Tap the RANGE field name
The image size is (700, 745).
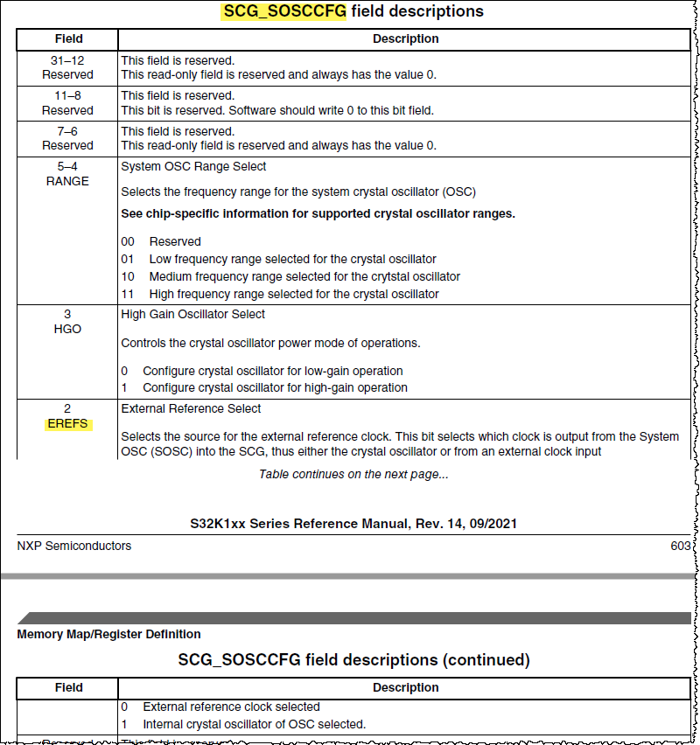(x=67, y=181)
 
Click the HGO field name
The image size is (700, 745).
(x=67, y=329)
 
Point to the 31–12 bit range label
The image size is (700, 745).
(x=67, y=60)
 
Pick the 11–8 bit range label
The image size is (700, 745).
(x=67, y=95)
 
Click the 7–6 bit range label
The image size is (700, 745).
(x=67, y=131)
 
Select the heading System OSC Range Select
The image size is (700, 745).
(x=193, y=166)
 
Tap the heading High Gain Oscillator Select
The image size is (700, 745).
(x=192, y=314)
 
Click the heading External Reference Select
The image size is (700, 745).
(x=191, y=408)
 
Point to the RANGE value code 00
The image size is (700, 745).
(x=128, y=241)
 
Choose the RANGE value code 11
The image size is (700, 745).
(x=128, y=294)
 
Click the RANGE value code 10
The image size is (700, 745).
(x=128, y=276)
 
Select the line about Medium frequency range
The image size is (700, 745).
(x=304, y=276)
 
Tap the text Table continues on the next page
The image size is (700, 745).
(x=353, y=474)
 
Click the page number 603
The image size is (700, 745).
(x=681, y=546)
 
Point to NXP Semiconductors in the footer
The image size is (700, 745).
(x=74, y=546)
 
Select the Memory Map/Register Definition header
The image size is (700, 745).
(x=108, y=634)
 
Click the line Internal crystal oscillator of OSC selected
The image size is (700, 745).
(x=254, y=724)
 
